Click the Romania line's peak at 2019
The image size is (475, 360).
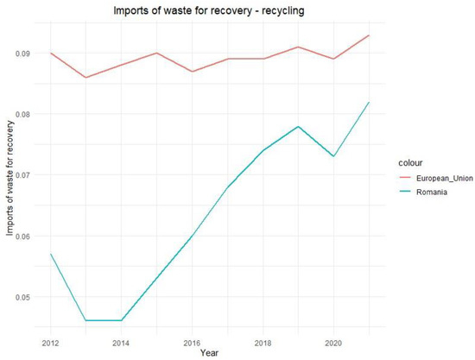[298, 126]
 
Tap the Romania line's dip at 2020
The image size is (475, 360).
[334, 156]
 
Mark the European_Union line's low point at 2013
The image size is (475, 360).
[85, 78]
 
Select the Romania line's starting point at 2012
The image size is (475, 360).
[50, 254]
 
